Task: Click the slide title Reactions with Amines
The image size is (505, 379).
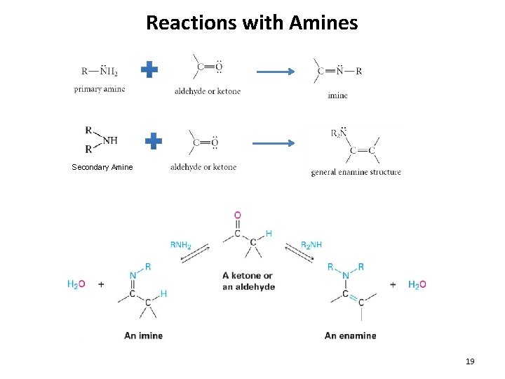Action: (252, 22)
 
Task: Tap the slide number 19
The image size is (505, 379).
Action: (470, 361)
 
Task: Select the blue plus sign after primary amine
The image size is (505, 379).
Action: (149, 69)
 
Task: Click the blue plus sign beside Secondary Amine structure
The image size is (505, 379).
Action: (154, 141)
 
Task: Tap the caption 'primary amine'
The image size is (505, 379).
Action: (100, 89)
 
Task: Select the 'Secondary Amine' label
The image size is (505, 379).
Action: (102, 167)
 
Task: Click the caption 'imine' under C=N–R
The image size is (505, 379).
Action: (337, 95)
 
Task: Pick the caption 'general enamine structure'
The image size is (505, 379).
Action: (356, 172)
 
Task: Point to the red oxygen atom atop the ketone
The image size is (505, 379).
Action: (238, 215)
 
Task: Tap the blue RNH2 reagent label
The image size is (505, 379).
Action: (180, 245)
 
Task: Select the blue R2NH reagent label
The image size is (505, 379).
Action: (311, 245)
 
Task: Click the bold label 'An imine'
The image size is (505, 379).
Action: (143, 335)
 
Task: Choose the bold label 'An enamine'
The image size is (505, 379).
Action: (350, 335)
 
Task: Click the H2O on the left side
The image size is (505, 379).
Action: (76, 284)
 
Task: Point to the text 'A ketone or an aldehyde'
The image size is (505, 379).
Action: (248, 281)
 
